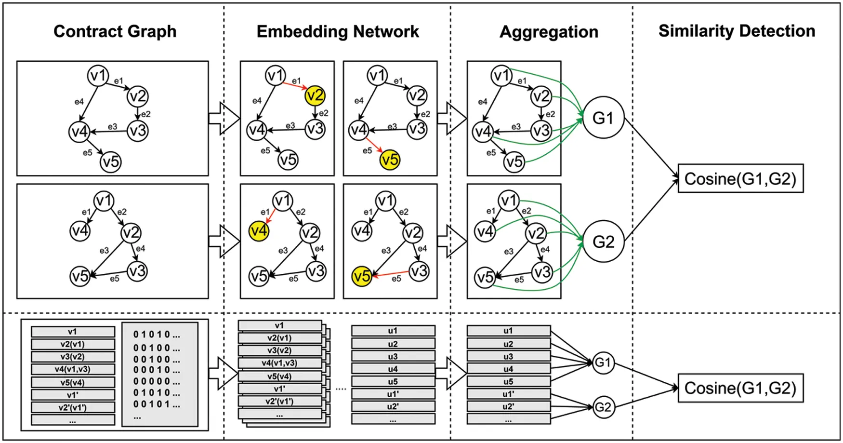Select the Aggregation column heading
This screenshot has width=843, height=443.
(x=549, y=32)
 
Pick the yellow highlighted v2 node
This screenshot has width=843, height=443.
(x=315, y=95)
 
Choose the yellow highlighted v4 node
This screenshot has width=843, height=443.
(x=259, y=231)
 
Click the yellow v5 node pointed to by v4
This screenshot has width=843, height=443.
(x=390, y=160)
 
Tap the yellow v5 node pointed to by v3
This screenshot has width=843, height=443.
(x=362, y=276)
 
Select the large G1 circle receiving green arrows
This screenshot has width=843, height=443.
(x=603, y=118)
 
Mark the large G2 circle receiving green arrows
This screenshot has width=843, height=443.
(x=603, y=241)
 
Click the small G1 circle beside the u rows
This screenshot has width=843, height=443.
(x=603, y=362)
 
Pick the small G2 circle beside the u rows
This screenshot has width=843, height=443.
(x=603, y=407)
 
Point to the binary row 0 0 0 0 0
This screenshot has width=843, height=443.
(x=157, y=381)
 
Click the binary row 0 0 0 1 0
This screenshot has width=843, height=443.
(x=157, y=370)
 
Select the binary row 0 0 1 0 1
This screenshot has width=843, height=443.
(x=157, y=404)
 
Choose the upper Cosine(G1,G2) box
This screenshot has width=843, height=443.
(x=740, y=178)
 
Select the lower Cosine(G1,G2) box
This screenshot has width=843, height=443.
(x=740, y=388)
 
